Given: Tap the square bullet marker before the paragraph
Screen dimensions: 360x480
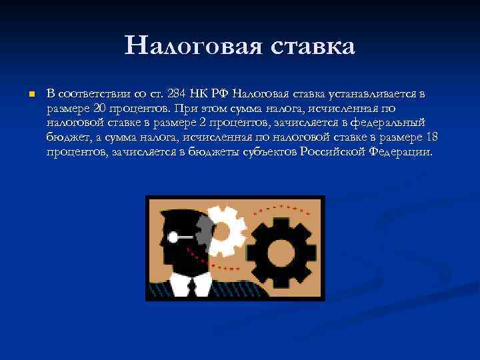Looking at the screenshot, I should pos(30,95).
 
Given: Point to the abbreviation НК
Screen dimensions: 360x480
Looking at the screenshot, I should pos(199,94).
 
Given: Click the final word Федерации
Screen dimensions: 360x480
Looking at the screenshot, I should pos(401,151).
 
